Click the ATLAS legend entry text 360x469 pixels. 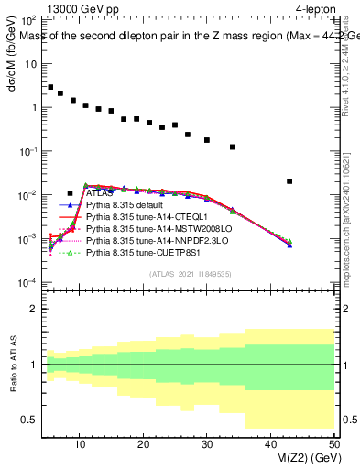click(100, 194)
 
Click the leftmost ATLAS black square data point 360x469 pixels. click(50, 87)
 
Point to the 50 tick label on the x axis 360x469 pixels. click(333, 444)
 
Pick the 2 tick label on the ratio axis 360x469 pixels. click(35, 309)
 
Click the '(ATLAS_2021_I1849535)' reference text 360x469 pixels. click(190, 273)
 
